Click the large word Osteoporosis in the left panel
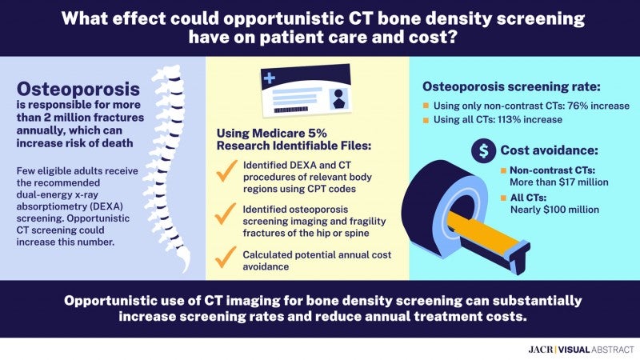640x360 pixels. click(x=78, y=89)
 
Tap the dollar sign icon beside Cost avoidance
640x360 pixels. click(x=483, y=150)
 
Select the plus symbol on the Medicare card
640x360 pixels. click(x=270, y=78)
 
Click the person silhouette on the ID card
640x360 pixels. click(x=338, y=98)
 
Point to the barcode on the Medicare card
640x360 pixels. click(x=290, y=110)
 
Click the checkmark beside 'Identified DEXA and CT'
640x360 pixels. click(x=226, y=170)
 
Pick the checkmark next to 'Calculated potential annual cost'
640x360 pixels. click(x=226, y=257)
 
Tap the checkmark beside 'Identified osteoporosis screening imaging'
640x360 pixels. click(x=226, y=214)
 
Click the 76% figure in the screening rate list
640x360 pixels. click(x=577, y=106)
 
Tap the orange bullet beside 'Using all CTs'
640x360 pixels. click(x=426, y=120)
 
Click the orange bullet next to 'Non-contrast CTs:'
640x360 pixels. click(x=504, y=170)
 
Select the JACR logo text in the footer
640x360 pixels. click(x=541, y=350)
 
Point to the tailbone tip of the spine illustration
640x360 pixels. click(x=186, y=270)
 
